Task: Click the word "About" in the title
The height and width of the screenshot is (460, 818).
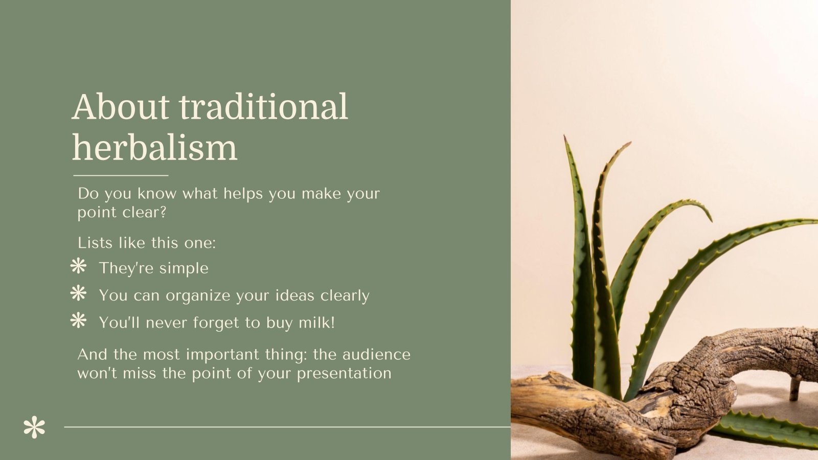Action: [121, 107]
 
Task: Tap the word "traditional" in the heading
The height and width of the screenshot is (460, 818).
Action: [263, 107]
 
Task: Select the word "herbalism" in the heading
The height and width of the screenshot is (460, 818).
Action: [155, 148]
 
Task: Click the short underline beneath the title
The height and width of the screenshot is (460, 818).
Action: [121, 175]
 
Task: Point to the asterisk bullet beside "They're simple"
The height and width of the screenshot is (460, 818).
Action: [78, 266]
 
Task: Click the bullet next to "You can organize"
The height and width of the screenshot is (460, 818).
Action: [78, 293]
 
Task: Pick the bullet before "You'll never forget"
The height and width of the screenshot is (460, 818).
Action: [78, 321]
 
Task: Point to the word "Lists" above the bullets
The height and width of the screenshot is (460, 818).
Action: [95, 243]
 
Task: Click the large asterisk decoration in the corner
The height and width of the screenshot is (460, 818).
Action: [34, 428]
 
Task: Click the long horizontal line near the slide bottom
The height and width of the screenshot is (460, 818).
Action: [286, 426]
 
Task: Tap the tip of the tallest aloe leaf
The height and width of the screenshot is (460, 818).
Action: [565, 137]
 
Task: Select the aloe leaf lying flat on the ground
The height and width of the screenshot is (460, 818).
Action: [767, 429]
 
